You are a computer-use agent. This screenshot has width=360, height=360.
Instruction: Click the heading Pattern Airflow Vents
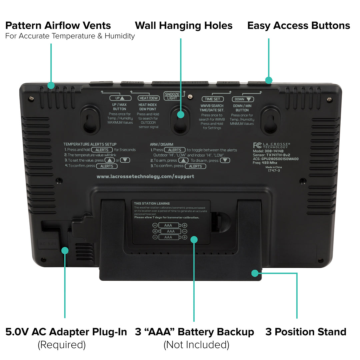pyautogui.click(x=58, y=26)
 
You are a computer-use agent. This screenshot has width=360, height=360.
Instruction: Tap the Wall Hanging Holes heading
pyautogui.click(x=184, y=26)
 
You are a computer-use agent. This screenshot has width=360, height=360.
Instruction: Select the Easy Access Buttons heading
pyautogui.click(x=299, y=26)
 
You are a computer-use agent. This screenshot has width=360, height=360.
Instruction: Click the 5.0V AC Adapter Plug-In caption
pyautogui.click(x=66, y=332)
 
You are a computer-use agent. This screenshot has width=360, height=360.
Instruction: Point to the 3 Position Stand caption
pyautogui.click(x=306, y=332)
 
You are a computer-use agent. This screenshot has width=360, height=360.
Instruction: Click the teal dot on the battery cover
pyautogui.click(x=194, y=240)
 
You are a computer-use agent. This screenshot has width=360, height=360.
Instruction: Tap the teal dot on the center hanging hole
pyautogui.click(x=181, y=114)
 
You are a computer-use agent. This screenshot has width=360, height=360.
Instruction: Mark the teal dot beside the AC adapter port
pyautogui.click(x=65, y=250)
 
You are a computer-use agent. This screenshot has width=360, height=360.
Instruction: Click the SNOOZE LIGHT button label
pyautogui.click(x=172, y=96)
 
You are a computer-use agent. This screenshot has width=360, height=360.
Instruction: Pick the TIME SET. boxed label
pyautogui.click(x=212, y=99)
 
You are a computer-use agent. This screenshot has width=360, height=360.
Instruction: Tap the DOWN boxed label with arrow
pyautogui.click(x=243, y=99)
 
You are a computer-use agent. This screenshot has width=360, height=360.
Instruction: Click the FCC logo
pyautogui.click(x=257, y=145)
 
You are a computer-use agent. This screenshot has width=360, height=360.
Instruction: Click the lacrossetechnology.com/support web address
pyautogui.click(x=145, y=176)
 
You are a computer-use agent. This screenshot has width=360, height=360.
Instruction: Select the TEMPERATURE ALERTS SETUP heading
pyautogui.click(x=90, y=144)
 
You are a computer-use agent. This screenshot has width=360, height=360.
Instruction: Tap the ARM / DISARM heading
pyautogui.click(x=162, y=144)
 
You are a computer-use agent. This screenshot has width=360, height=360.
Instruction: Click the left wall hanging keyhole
pyautogui.click(x=90, y=120)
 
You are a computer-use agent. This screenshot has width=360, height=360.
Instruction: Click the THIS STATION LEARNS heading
pyautogui.click(x=152, y=203)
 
